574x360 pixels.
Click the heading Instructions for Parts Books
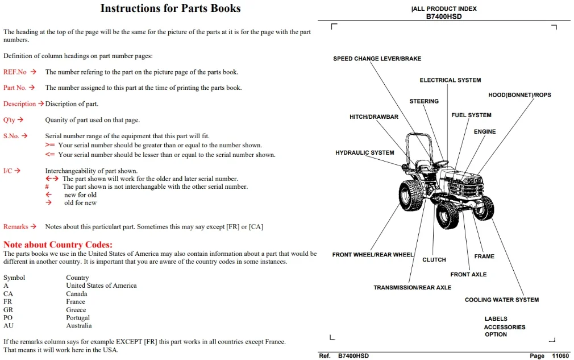coord(170,8)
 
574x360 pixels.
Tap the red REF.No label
coord(15,72)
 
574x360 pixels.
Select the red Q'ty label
coord(9,120)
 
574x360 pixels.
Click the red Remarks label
coord(16,226)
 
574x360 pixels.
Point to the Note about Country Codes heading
coord(58,245)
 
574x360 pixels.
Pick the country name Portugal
coord(78,317)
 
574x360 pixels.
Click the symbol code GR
coord(8,309)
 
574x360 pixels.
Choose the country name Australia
coord(78,325)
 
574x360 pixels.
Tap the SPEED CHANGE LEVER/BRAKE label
coord(377,59)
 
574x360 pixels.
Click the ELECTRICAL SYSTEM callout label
coord(450,80)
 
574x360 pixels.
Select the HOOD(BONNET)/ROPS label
coord(519,95)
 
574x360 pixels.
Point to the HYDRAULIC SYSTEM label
coord(365,153)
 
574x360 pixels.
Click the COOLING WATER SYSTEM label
coord(501,300)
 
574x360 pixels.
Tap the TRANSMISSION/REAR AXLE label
coord(412,287)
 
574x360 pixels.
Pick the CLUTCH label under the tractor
coord(434,260)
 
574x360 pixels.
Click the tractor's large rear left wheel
coord(411,196)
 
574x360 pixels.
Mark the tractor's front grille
coord(465,187)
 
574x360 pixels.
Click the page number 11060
coord(560,355)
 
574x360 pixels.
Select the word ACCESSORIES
coord(505,327)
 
